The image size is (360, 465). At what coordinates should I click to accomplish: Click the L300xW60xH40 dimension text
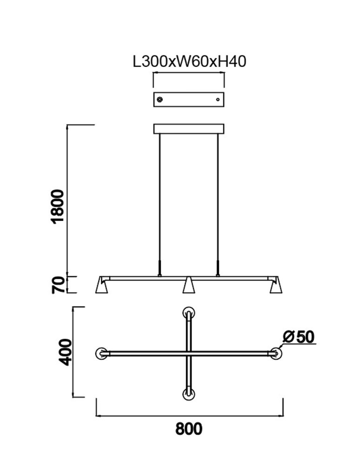point(189,62)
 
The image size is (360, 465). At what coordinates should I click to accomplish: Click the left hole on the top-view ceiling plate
point(160,99)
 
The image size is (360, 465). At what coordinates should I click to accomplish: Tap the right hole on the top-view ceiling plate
point(218,99)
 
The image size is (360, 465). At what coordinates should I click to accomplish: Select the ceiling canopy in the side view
point(189,129)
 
